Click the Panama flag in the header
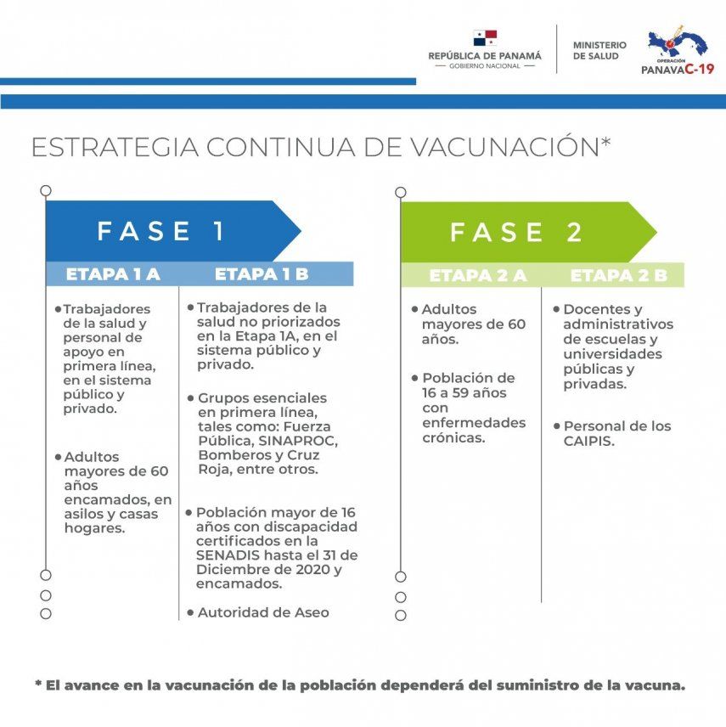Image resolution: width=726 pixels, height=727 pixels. tap(485, 38)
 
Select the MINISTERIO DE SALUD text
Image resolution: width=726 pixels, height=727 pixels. tap(599, 50)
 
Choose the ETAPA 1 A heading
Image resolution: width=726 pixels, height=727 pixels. tap(113, 274)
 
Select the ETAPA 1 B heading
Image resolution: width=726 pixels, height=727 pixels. tap(262, 274)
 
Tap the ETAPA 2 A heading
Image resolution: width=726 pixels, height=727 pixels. tap(478, 275)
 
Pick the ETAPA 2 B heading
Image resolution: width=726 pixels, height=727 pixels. tap(619, 275)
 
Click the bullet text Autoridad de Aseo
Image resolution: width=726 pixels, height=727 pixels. tap(263, 611)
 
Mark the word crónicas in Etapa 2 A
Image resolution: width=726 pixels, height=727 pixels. tap(453, 437)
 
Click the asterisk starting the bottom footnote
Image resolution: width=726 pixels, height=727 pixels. tap(38, 684)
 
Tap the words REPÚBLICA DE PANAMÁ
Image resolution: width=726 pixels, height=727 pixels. tap(485, 55)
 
